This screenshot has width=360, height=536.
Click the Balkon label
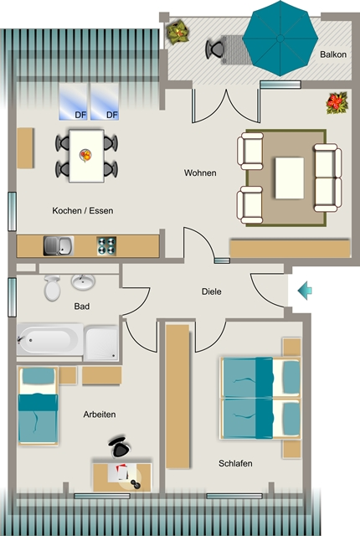point(333,54)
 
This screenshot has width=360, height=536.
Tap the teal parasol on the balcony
point(280,38)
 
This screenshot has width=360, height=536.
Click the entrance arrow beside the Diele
point(305,291)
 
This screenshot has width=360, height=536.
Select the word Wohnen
point(200,173)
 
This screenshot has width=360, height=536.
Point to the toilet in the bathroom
point(52,288)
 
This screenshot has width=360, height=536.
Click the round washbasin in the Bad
point(83,282)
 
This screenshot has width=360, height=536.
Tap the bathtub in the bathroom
point(50,340)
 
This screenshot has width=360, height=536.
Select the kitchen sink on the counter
point(59,245)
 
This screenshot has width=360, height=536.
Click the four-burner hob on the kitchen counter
point(106,245)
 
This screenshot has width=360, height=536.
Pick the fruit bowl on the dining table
point(85,155)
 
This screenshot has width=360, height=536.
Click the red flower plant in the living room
point(337,102)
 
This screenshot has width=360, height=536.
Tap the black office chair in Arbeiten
point(119,446)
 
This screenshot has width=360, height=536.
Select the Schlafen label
point(235,463)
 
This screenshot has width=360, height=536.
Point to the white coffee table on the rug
point(290,178)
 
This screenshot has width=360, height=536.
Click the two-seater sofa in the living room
point(328,178)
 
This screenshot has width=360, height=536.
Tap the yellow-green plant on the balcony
point(177,32)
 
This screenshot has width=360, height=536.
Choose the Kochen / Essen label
point(83,210)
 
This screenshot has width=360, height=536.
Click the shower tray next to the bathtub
point(101,343)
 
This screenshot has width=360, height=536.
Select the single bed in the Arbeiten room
point(38,405)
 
